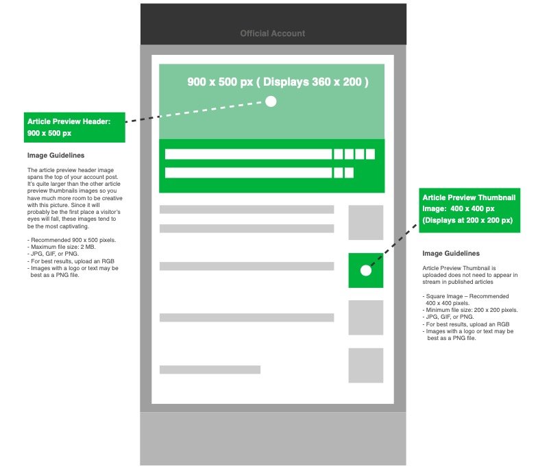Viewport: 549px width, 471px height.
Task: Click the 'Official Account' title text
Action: tap(272, 34)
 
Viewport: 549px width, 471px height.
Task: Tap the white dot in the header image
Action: tap(271, 101)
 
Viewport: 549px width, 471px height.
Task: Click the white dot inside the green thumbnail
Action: tap(366, 270)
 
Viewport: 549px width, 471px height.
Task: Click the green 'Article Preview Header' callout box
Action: tap(75, 127)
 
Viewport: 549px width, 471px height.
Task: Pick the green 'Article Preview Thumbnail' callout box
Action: tap(469, 210)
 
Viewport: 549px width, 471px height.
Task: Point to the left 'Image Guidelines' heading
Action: tap(56, 155)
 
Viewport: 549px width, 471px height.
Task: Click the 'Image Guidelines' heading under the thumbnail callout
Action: tap(451, 253)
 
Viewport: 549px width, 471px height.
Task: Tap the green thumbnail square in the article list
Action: tap(366, 270)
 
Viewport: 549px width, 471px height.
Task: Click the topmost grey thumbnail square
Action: tap(366, 222)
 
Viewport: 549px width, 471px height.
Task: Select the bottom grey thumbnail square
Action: tap(366, 365)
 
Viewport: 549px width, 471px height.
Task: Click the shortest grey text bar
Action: tap(210, 370)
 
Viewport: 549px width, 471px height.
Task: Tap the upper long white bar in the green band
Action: tap(249, 154)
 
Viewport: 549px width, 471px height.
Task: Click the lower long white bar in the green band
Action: tap(249, 173)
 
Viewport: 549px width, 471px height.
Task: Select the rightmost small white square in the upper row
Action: tap(370, 154)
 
